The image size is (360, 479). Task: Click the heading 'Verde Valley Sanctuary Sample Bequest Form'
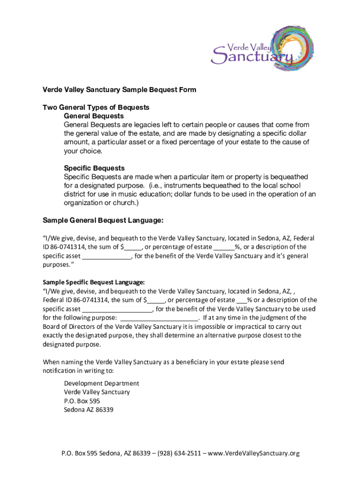click(x=119, y=89)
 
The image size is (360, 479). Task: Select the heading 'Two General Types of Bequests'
click(x=96, y=107)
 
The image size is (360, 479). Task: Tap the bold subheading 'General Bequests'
click(x=94, y=116)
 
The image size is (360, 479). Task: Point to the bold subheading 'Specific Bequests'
click(x=94, y=168)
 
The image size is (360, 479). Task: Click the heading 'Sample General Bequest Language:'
click(x=103, y=220)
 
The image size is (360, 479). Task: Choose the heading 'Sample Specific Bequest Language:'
click(x=94, y=282)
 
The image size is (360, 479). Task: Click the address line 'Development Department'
click(x=101, y=384)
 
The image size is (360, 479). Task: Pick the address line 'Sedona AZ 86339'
click(x=88, y=410)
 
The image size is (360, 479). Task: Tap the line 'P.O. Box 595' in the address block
click(x=82, y=401)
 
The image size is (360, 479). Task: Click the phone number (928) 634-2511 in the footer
click(x=180, y=453)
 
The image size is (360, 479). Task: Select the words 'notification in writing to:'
click(x=78, y=371)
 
